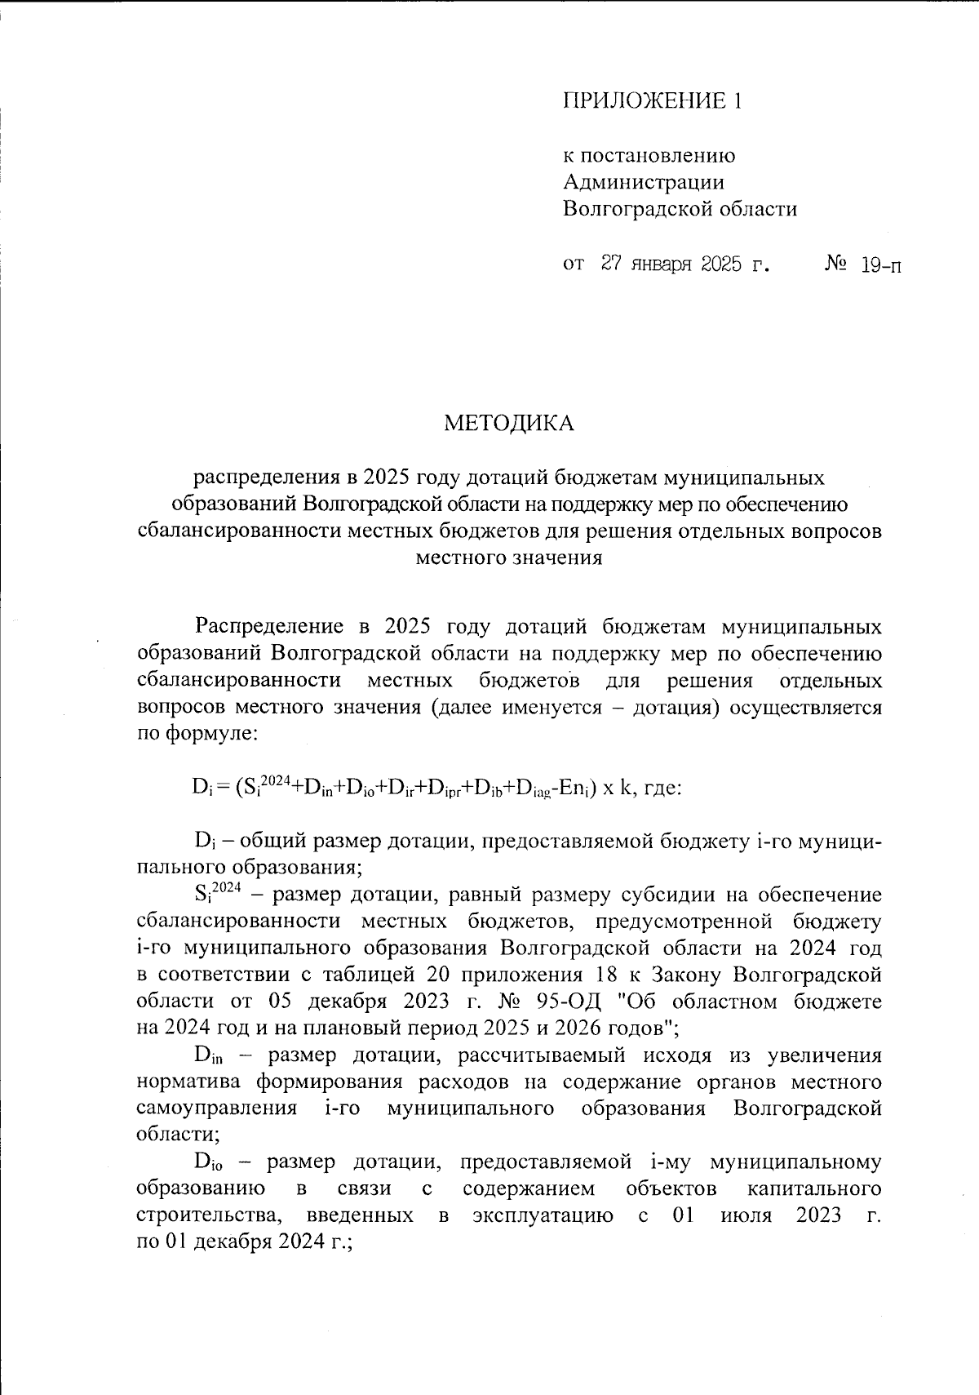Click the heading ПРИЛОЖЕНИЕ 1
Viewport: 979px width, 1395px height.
tap(653, 101)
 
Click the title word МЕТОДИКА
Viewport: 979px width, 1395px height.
tap(509, 423)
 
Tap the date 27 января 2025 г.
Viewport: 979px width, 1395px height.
tap(686, 264)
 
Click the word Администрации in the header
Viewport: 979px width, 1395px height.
tap(643, 182)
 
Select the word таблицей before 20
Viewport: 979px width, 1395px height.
tap(371, 975)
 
